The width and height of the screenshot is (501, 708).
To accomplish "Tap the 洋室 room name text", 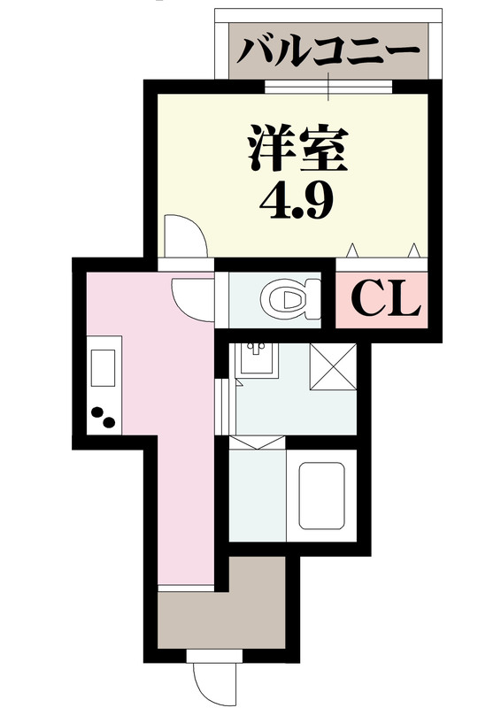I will (295, 149).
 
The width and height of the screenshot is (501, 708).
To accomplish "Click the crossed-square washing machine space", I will (332, 365).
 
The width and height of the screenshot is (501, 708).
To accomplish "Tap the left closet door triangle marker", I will (351, 249).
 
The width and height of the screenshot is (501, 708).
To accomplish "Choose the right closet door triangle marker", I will (412, 249).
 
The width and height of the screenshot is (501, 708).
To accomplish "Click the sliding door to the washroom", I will (227, 398).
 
